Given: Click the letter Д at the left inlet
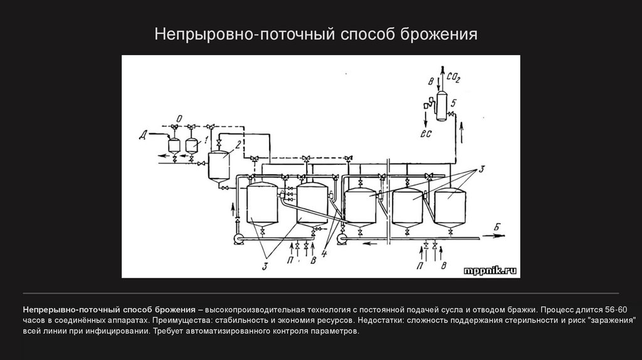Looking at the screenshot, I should pos(144,133).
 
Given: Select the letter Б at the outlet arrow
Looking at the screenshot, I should pos(496,226).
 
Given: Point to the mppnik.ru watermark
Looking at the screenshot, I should pos(490,270).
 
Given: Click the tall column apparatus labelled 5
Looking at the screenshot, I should pos(441,103).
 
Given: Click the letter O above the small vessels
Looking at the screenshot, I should pos(179,117).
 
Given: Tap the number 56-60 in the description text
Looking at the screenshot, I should pos(617,310).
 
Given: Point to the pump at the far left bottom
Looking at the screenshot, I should pos(236,238).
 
